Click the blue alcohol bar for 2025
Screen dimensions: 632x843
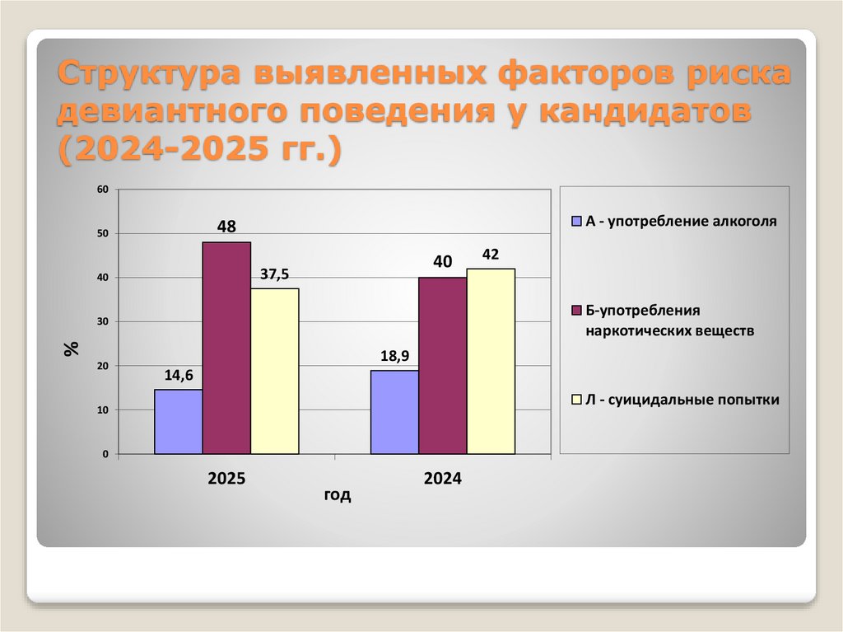(179, 421)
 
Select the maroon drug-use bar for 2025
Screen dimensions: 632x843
(226, 348)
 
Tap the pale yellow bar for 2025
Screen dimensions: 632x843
(275, 371)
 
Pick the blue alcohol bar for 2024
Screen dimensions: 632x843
(394, 412)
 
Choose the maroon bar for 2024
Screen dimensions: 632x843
(442, 365)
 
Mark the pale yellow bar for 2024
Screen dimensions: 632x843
(491, 361)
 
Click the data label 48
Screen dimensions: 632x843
(226, 224)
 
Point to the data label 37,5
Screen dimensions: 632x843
(275, 274)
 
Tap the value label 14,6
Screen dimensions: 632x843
(179, 375)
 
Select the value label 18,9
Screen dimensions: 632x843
(394, 356)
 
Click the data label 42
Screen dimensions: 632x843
(491, 255)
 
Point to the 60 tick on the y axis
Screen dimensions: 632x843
(104, 190)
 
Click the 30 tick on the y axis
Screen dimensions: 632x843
(104, 321)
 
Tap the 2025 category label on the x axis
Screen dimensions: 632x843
(226, 478)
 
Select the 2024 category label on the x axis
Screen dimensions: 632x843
(442, 478)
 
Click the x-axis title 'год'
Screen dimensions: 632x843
(337, 495)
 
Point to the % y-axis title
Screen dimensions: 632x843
(72, 348)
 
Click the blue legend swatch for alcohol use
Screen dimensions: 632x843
(577, 222)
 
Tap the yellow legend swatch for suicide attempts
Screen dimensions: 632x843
(577, 400)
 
